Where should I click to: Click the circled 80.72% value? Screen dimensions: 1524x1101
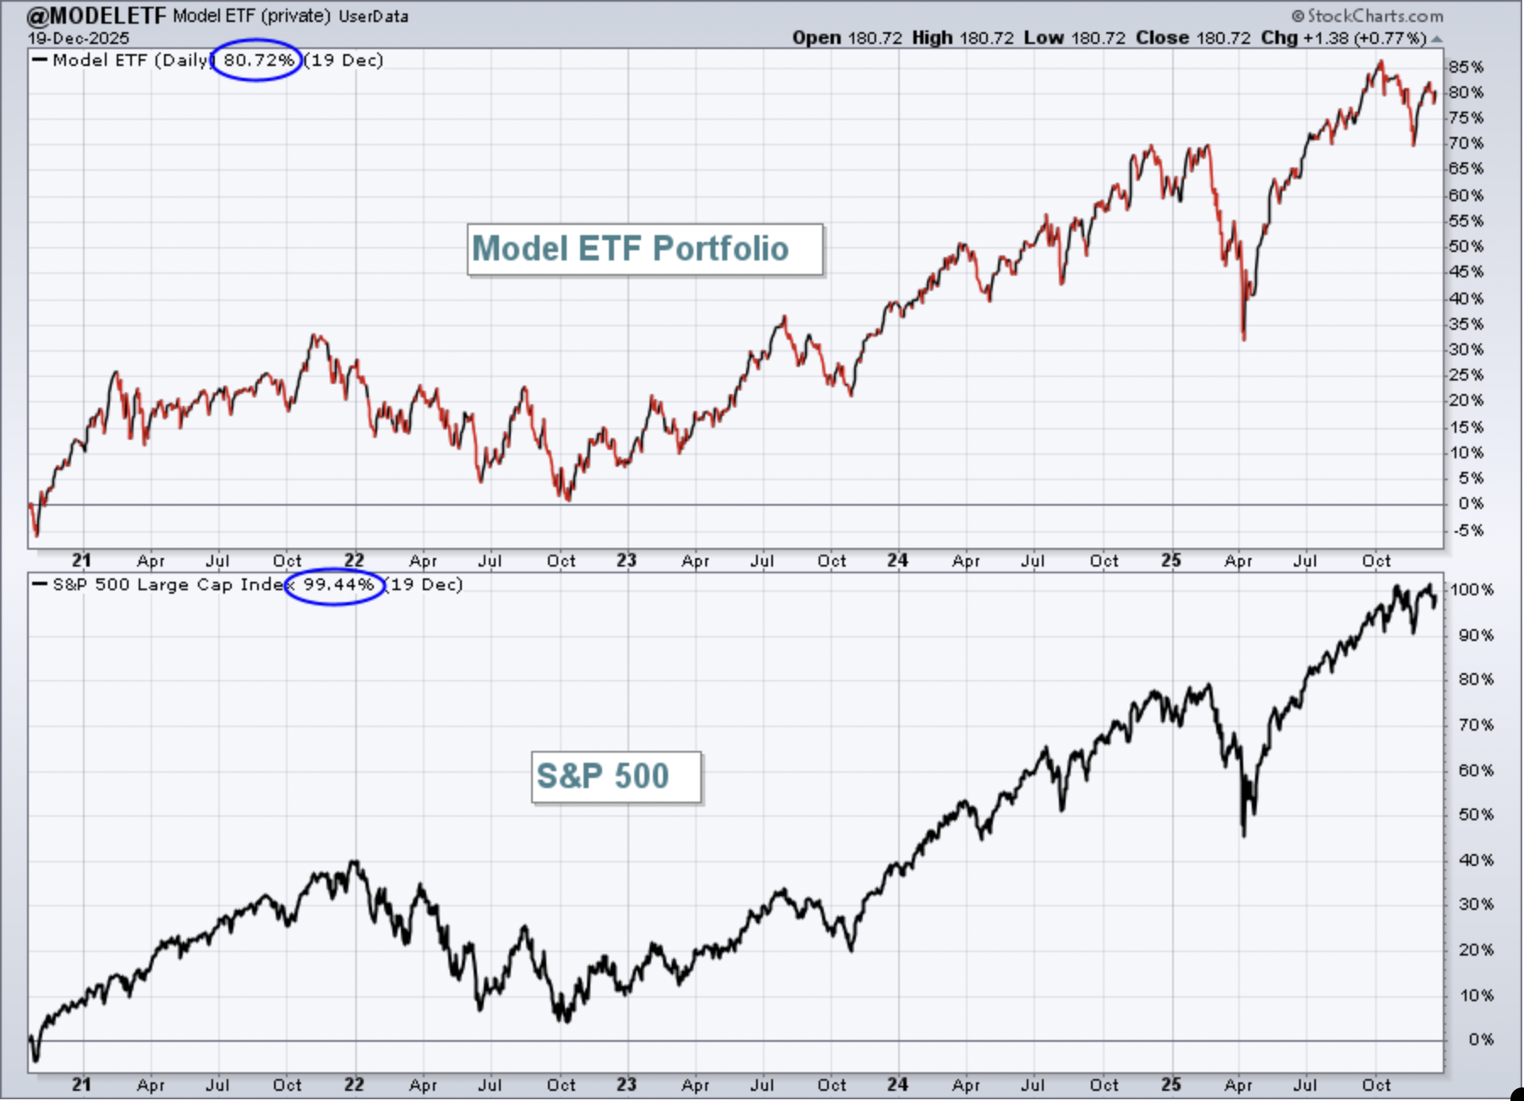(259, 60)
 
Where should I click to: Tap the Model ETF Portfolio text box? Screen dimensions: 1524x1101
(645, 249)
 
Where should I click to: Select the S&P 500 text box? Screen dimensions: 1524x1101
(617, 776)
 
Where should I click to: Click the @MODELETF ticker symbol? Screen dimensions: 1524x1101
(96, 15)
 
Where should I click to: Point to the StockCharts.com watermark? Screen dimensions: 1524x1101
(1368, 15)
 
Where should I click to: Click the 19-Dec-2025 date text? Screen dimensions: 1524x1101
(79, 38)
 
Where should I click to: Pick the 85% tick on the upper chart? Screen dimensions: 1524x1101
(1466, 67)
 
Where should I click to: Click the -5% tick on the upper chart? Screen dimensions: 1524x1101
(1466, 530)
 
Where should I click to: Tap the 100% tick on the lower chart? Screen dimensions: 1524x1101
(1472, 589)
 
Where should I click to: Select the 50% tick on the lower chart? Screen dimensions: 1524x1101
(1476, 814)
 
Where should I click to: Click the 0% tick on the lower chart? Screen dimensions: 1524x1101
(1482, 1039)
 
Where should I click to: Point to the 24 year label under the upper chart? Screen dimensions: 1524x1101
(897, 560)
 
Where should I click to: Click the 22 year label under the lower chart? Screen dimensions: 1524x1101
(354, 1084)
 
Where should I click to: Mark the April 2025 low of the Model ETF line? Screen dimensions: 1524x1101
(1244, 339)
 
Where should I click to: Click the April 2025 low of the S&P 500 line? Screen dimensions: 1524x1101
(1244, 835)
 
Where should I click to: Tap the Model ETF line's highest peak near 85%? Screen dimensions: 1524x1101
(1381, 62)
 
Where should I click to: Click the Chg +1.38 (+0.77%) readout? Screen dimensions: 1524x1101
(1344, 38)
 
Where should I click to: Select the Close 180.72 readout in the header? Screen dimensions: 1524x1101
(1193, 38)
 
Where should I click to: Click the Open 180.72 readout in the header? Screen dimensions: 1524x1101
(847, 38)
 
